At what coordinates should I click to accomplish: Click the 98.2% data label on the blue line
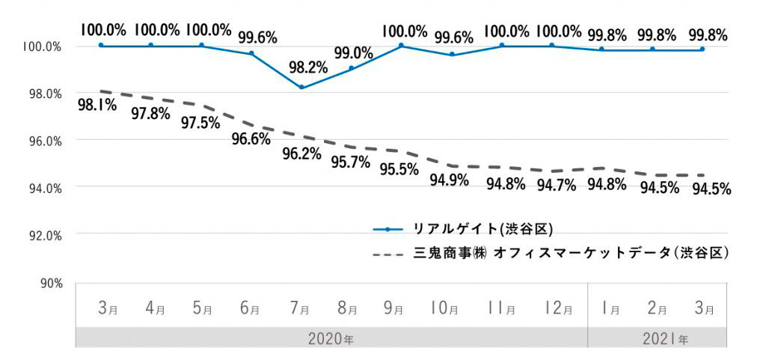[x=307, y=67]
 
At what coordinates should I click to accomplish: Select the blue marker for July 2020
[x=301, y=88]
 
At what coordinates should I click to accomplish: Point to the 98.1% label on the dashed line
[x=96, y=105]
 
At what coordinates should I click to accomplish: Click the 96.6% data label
[x=251, y=138]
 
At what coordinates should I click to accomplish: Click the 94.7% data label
[x=557, y=184]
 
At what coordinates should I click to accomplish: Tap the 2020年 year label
[x=331, y=338]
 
